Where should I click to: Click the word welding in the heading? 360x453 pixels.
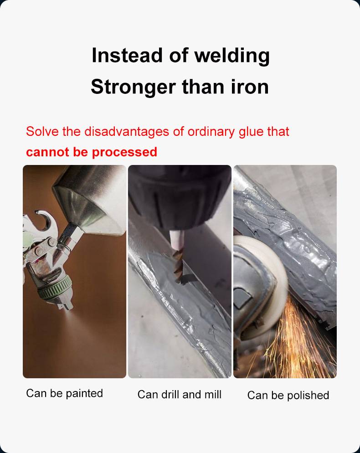point(232,56)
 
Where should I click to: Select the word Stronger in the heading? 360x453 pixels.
point(133,87)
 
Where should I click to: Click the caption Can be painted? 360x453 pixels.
point(65,393)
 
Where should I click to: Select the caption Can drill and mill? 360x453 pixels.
point(180,394)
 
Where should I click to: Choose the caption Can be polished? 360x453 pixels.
point(288,395)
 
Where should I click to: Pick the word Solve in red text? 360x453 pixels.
point(41,132)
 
